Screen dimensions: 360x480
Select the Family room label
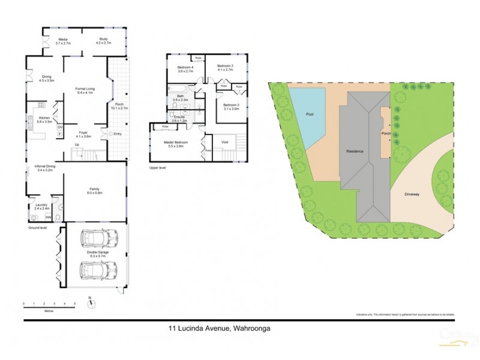click(95, 190)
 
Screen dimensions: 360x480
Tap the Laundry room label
click(41, 206)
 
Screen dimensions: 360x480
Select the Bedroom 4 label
click(186, 68)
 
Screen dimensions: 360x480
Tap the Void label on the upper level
click(224, 143)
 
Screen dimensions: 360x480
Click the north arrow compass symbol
click(90, 303)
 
